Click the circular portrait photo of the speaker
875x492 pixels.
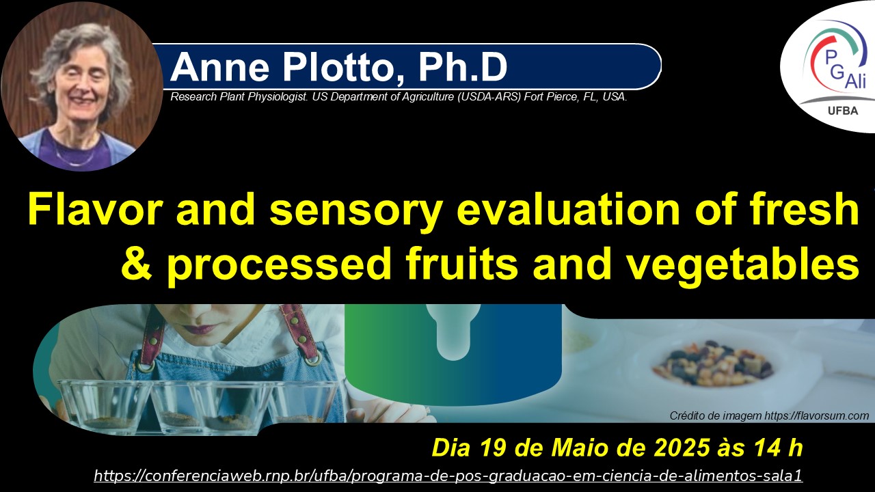pos(82,86)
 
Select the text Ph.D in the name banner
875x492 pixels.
pos(463,67)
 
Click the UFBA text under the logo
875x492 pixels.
pos(843,111)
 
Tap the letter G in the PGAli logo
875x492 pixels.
pos(837,72)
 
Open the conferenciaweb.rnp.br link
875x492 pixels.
pos(448,476)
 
